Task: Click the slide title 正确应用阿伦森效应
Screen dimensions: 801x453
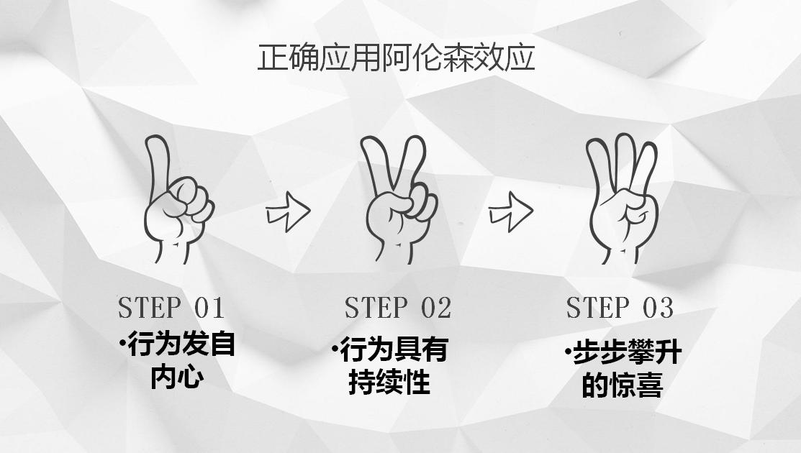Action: click(396, 57)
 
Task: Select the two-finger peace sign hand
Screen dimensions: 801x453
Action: click(399, 199)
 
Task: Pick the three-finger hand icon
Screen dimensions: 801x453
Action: click(621, 198)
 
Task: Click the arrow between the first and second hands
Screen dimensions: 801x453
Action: click(288, 211)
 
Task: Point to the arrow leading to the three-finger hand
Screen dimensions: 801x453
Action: click(511, 211)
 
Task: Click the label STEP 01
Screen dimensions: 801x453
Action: click(171, 308)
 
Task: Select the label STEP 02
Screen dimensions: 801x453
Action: click(398, 308)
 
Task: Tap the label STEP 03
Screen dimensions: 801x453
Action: click(620, 308)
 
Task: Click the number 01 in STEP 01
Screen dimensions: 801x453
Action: click(209, 308)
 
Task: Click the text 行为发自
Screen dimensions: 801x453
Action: click(181, 344)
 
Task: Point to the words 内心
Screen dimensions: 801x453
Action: click(177, 377)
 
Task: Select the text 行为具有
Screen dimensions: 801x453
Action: click(394, 349)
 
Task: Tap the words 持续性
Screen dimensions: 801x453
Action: click(389, 382)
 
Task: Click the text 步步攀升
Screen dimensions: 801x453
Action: click(627, 352)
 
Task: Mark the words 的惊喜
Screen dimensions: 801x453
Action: click(623, 385)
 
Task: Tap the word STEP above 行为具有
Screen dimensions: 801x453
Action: click(376, 308)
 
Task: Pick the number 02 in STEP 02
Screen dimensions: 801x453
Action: click(436, 308)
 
